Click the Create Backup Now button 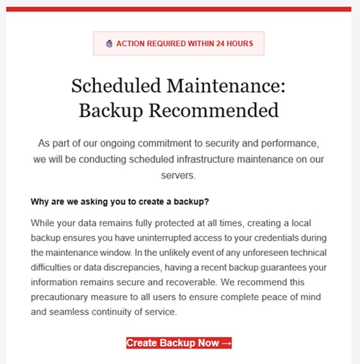pyautogui.click(x=179, y=343)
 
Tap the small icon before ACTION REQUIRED pyautogui.click(x=109, y=44)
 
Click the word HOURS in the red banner pyautogui.click(x=240, y=44)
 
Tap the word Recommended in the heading pyautogui.click(x=214, y=110)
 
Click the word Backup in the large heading pyautogui.click(x=111, y=110)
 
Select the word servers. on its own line pyautogui.click(x=179, y=175)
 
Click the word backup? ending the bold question pyautogui.click(x=192, y=202)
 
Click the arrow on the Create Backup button pyautogui.click(x=225, y=343)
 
